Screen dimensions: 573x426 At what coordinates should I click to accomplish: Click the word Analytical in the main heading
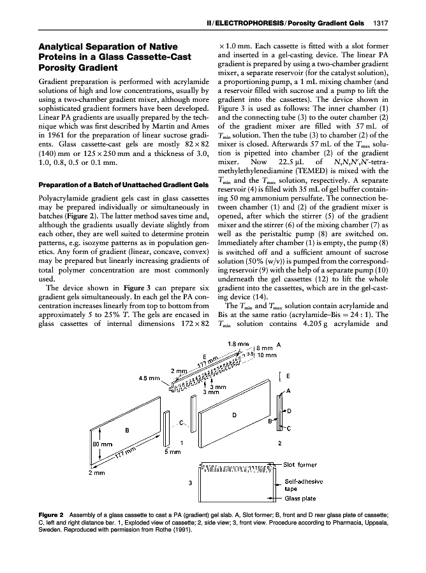(66, 46)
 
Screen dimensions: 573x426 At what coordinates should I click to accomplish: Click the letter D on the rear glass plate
(234, 414)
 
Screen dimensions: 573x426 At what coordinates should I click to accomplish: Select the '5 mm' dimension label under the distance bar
(172, 453)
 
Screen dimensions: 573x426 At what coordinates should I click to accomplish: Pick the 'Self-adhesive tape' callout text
(305, 485)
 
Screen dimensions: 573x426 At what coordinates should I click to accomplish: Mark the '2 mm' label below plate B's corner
(98, 473)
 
